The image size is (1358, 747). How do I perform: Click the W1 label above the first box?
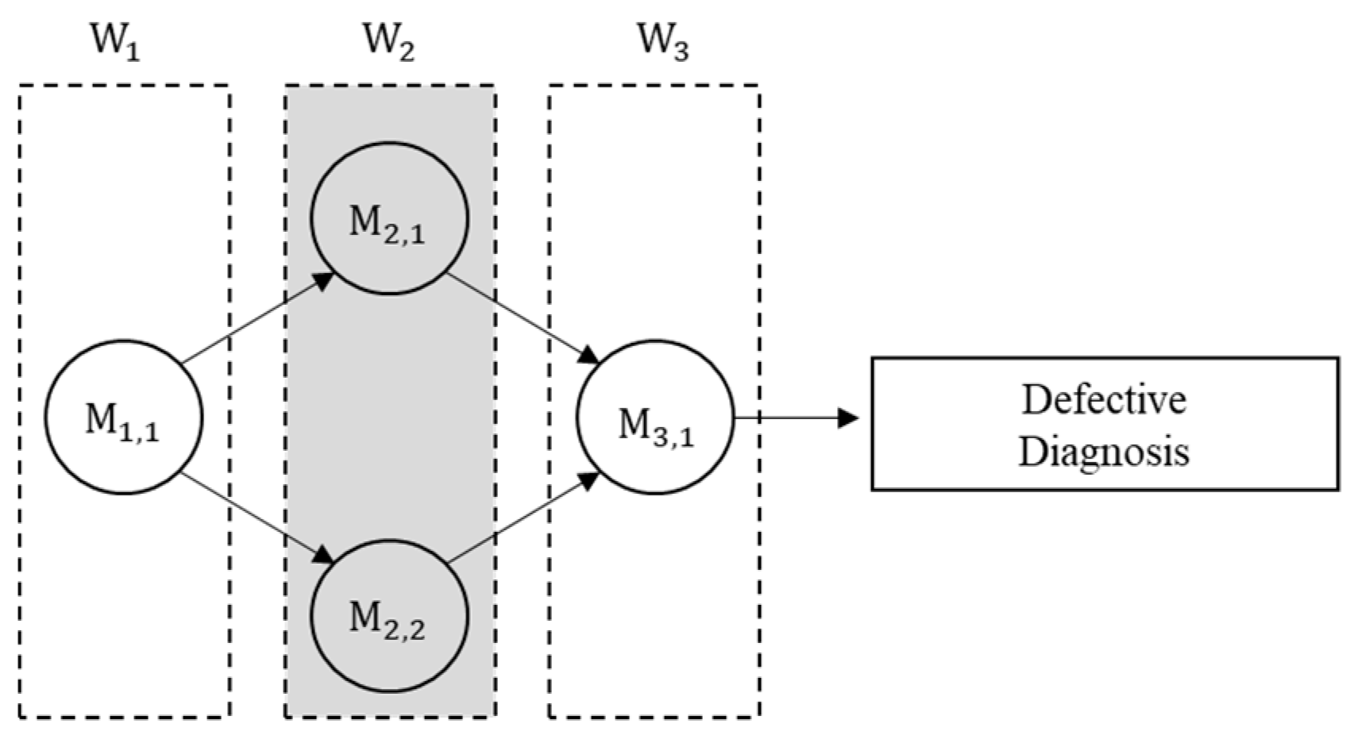click(x=116, y=41)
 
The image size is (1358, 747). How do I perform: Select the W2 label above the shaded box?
click(x=388, y=41)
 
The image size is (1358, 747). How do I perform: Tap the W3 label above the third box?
click(x=663, y=41)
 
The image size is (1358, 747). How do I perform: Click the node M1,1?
click(x=123, y=418)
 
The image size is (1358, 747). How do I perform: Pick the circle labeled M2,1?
click(x=389, y=218)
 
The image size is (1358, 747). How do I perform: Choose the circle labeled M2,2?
click(x=389, y=616)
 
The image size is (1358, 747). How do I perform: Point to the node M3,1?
click(x=656, y=418)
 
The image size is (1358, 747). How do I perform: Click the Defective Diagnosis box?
click(x=1105, y=424)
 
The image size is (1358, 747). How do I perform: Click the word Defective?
click(x=1104, y=399)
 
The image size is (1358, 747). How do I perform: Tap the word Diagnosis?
click(x=1104, y=452)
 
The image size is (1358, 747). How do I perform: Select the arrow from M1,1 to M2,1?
click(x=254, y=320)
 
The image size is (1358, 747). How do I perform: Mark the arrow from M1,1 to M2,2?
click(x=254, y=516)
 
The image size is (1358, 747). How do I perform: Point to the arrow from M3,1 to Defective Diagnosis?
click(x=794, y=418)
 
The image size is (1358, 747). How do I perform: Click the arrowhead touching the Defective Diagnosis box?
click(x=850, y=418)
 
